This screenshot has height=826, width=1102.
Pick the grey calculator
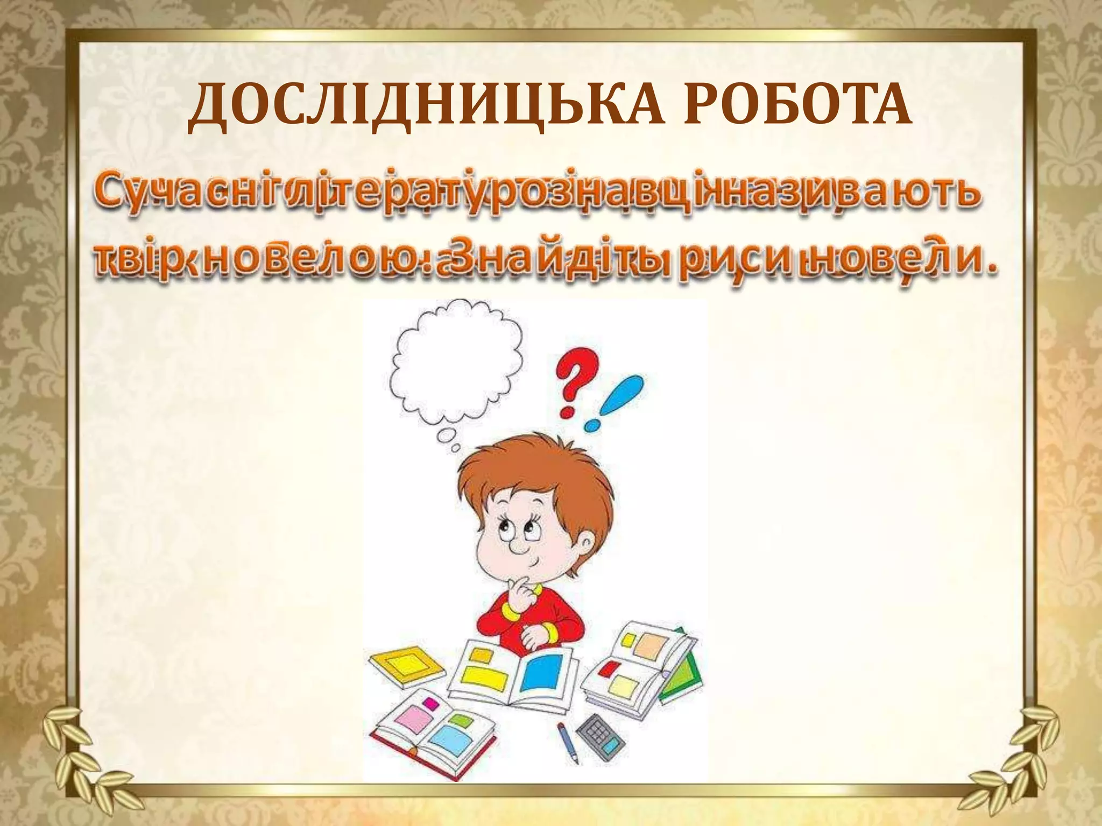point(601,737)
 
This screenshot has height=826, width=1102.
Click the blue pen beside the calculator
point(568,742)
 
